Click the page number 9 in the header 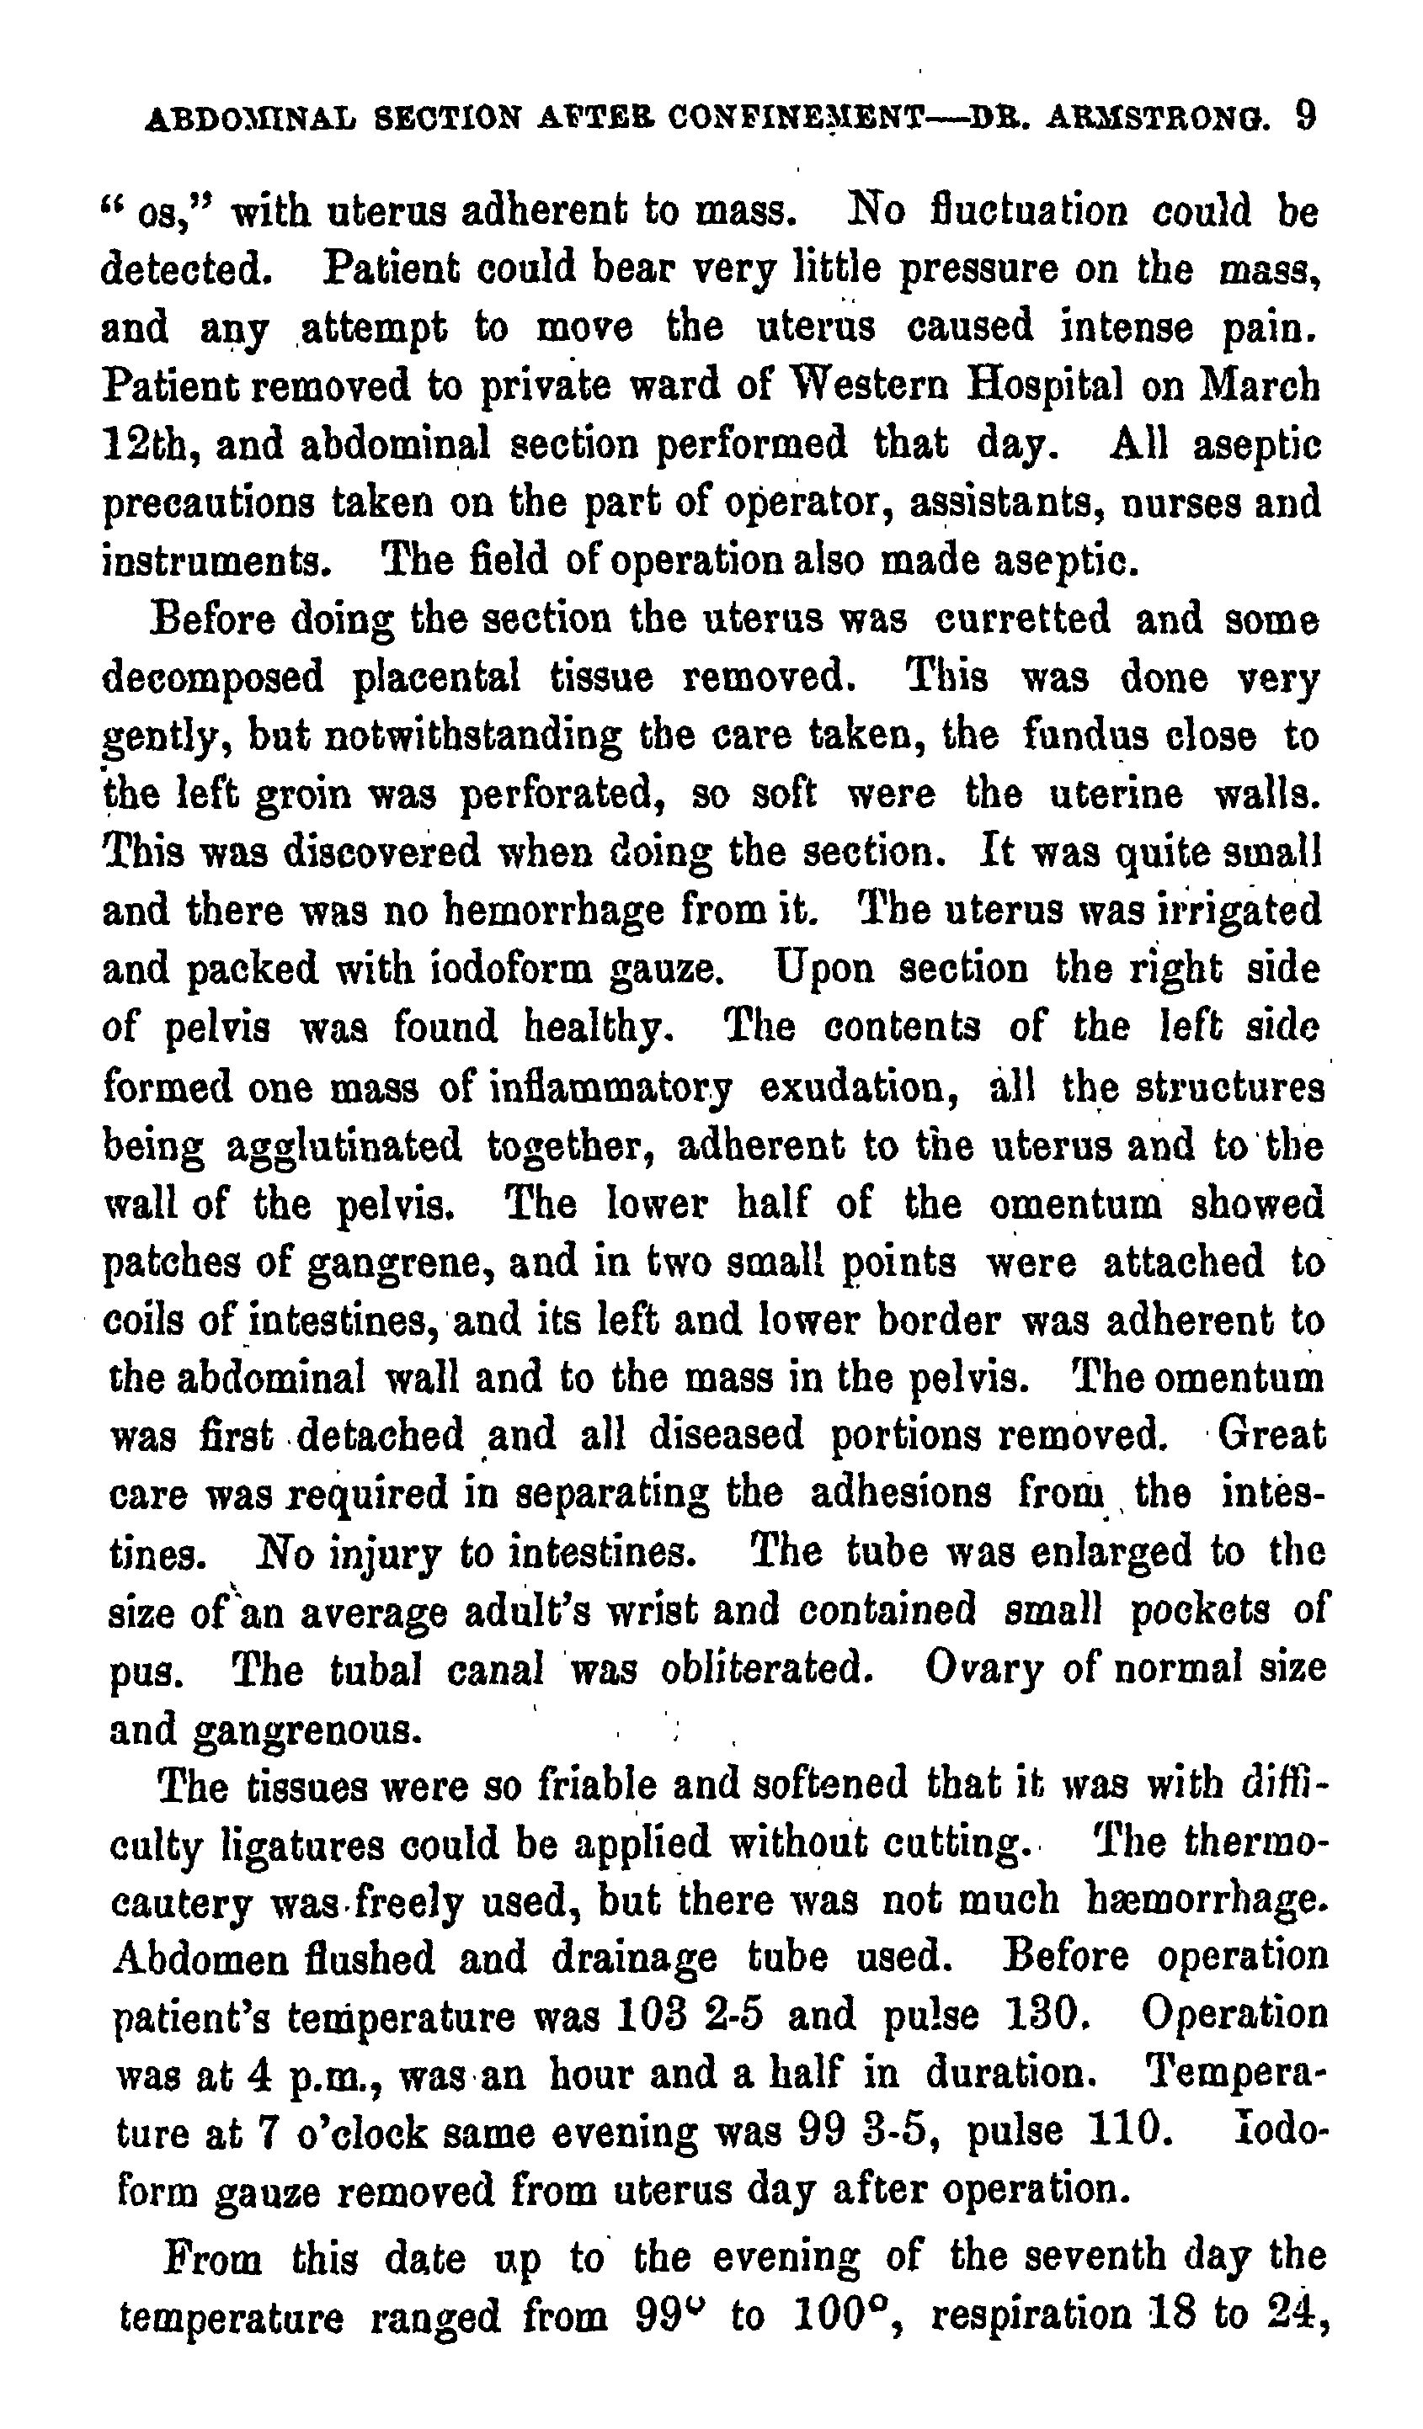[1304, 118]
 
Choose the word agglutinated [344, 1147]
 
